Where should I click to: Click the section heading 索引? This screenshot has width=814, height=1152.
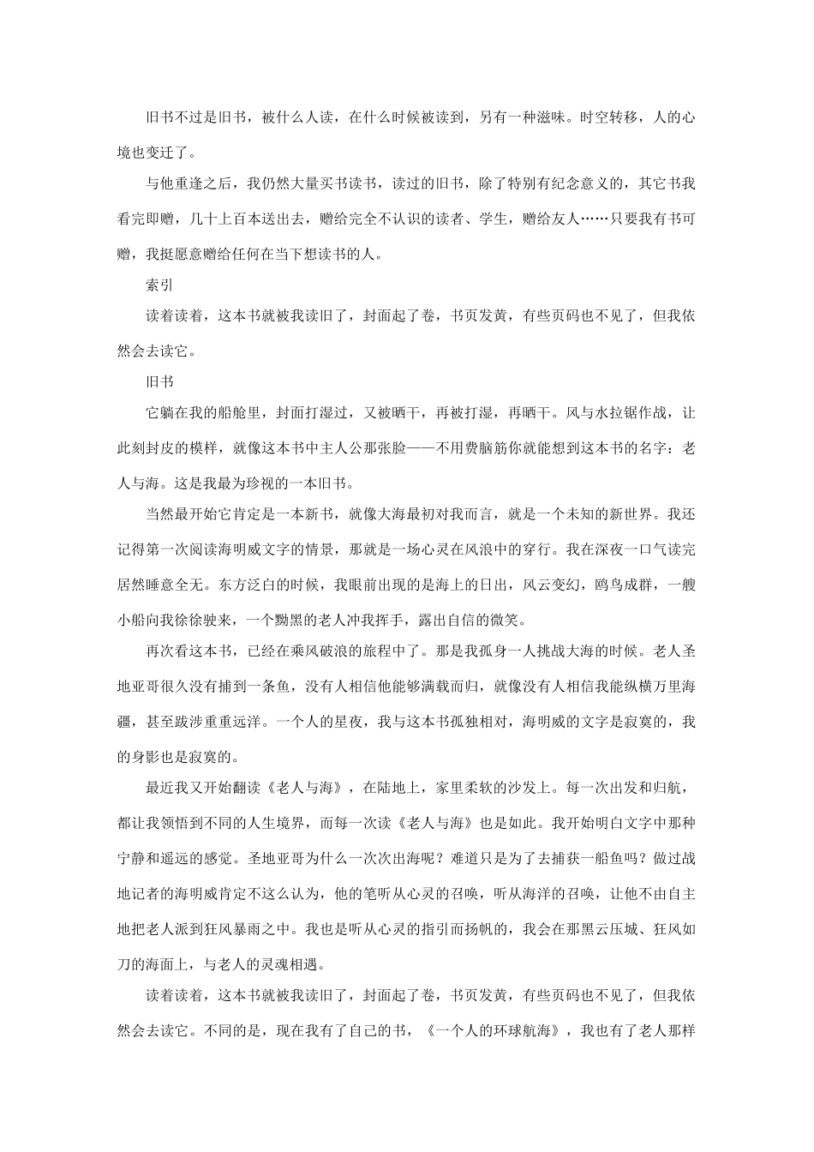click(x=159, y=286)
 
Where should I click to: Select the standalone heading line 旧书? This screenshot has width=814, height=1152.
click(x=159, y=381)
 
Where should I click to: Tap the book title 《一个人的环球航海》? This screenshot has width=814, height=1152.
click(x=491, y=1030)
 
